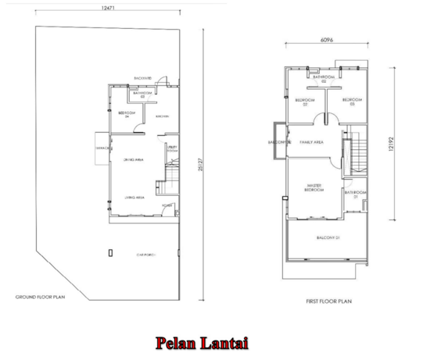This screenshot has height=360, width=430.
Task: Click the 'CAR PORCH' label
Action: tap(145, 255)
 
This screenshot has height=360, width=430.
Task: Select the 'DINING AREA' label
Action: tap(133, 159)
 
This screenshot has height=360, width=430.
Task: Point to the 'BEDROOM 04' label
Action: tap(124, 115)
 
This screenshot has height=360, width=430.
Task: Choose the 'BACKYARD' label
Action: tap(142, 78)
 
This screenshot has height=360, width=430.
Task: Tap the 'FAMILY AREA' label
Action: tap(312, 142)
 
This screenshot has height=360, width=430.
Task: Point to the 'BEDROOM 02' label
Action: tap(305, 102)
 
